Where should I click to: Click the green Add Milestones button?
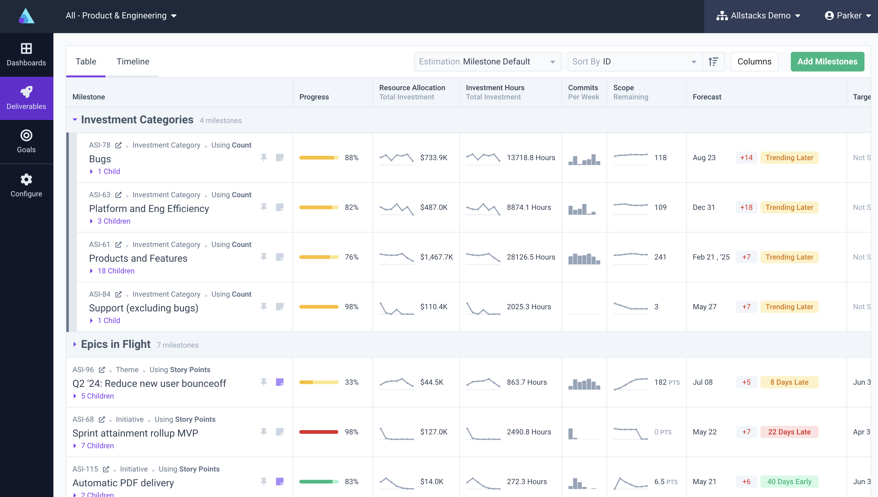827,61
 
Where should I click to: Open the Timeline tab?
133,61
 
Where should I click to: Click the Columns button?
754,61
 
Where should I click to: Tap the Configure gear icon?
26,179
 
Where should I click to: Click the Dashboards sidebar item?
26,55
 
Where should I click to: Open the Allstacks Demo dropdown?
758,16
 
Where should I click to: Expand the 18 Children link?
116,271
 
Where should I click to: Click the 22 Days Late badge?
789,432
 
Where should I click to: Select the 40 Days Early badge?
789,481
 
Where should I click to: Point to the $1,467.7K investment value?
437,257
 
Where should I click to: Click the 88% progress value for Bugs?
352,158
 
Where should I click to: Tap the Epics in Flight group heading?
115,345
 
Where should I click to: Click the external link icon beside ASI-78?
118,145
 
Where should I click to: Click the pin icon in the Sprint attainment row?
264,432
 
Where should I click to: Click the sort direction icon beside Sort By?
713,61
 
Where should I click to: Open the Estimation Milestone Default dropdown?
487,61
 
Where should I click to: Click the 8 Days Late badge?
789,382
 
